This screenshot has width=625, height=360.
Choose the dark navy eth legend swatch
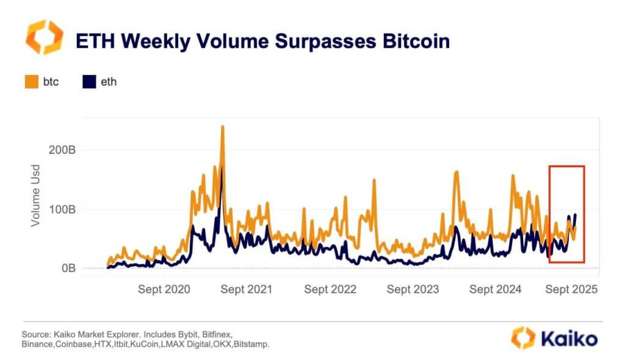point(89,81)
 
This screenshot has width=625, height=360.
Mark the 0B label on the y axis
point(67,268)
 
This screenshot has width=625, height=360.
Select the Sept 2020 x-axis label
point(164,289)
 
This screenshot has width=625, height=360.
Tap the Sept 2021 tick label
point(247,289)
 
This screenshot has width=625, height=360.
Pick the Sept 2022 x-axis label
point(330,289)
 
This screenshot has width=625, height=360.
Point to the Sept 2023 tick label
point(413,289)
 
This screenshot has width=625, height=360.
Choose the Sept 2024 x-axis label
point(496,289)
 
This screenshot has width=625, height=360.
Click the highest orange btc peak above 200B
point(223,128)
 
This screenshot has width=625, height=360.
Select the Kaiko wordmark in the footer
point(567,338)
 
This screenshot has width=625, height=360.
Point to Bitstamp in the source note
point(250,344)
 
